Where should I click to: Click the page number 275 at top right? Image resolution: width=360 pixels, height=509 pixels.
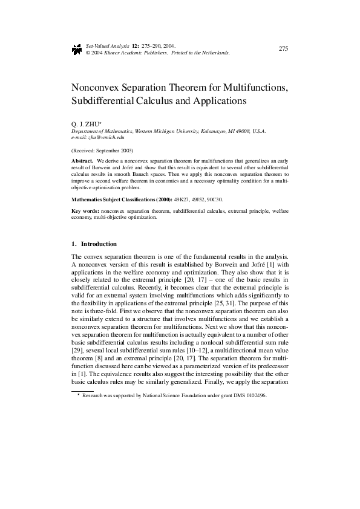283,48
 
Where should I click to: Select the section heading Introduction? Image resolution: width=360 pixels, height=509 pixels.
99,244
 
